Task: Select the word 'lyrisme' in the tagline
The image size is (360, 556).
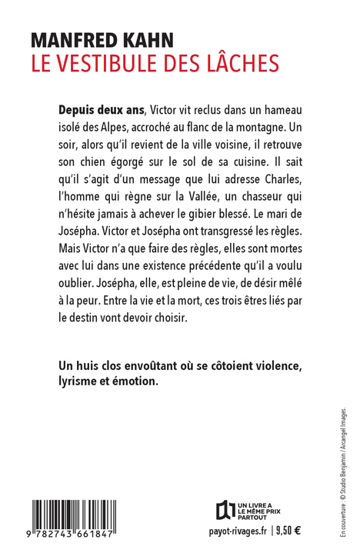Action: point(82,383)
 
